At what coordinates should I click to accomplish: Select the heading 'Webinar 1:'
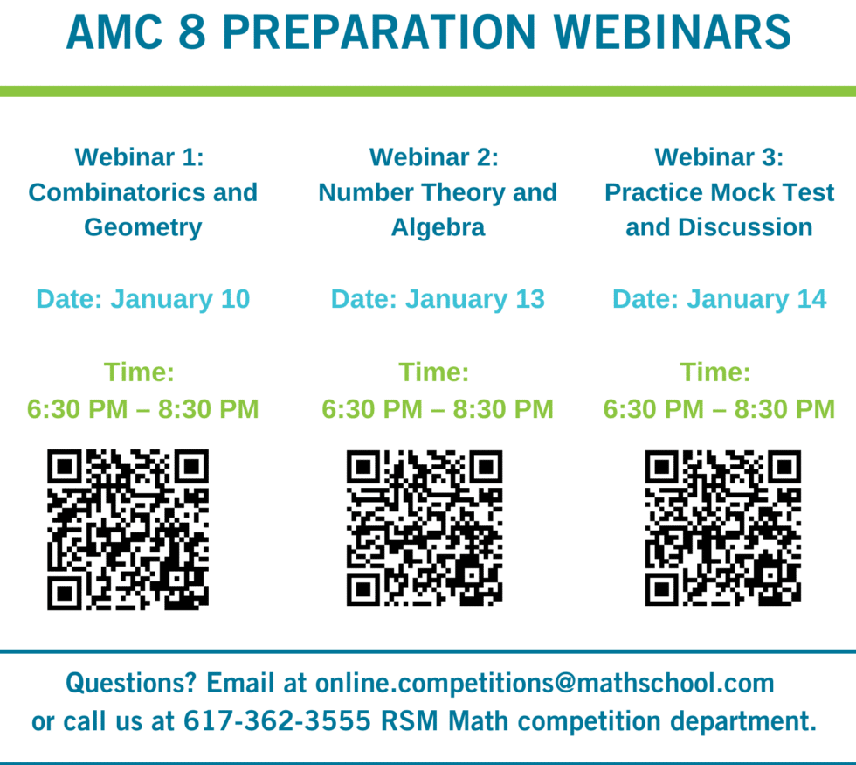pyautogui.click(x=139, y=157)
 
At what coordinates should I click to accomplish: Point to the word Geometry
pyautogui.click(x=143, y=227)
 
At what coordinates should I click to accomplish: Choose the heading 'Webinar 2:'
pyautogui.click(x=434, y=157)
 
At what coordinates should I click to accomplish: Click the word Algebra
pyautogui.click(x=438, y=227)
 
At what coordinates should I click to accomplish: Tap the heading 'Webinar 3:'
pyautogui.click(x=720, y=157)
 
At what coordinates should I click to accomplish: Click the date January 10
pyautogui.click(x=180, y=299)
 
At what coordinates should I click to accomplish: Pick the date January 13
pyautogui.click(x=475, y=299)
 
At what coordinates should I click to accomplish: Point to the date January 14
pyautogui.click(x=756, y=299)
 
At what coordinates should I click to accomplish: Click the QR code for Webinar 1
pyautogui.click(x=128, y=529)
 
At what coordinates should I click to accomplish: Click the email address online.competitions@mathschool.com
pyautogui.click(x=545, y=682)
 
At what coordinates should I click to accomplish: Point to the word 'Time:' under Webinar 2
pyautogui.click(x=434, y=372)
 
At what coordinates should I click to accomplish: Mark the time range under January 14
pyautogui.click(x=719, y=408)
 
